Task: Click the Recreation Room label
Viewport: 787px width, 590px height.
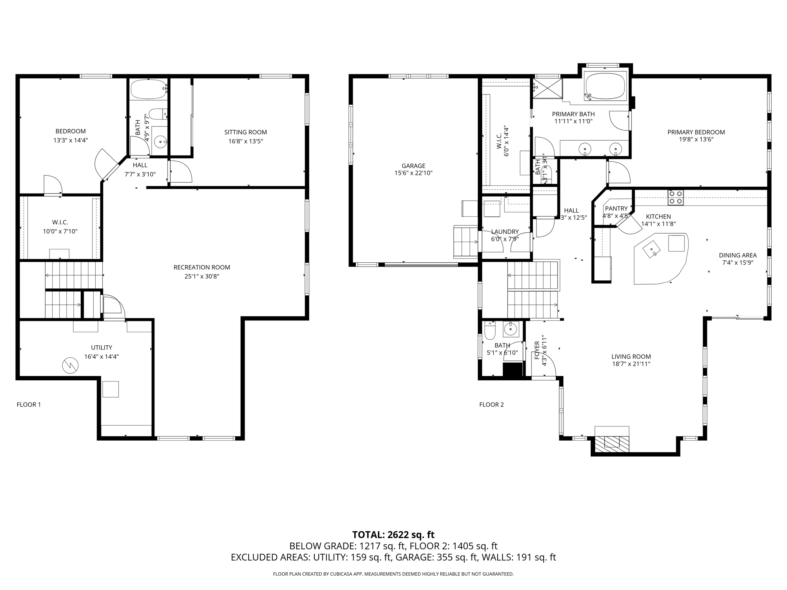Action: [x=202, y=267]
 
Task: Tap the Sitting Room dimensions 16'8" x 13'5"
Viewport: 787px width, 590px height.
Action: [x=246, y=141]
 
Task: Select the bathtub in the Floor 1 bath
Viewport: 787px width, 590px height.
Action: [x=148, y=89]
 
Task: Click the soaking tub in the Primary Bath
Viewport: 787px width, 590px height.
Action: [x=605, y=86]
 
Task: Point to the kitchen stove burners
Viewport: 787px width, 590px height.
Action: [x=676, y=197]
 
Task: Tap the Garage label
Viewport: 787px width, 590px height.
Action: [x=413, y=166]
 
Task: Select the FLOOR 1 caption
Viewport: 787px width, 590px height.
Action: [x=29, y=404]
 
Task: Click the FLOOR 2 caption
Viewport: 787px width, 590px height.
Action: [x=491, y=404]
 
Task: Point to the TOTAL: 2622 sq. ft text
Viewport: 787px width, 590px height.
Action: [x=393, y=535]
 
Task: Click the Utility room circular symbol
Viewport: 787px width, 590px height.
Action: [x=70, y=366]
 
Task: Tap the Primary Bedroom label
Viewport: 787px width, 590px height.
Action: [x=696, y=132]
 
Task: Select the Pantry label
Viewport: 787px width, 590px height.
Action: [x=616, y=209]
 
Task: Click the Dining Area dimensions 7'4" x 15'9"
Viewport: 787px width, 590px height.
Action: [x=738, y=263]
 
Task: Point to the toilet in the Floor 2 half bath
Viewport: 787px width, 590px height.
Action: [x=490, y=331]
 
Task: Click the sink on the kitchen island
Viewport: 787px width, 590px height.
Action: [x=652, y=249]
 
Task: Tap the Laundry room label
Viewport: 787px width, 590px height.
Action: [x=505, y=232]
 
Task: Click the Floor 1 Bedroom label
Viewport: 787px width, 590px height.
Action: [x=71, y=131]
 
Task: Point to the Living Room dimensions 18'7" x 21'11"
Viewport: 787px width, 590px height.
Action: [x=631, y=364]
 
